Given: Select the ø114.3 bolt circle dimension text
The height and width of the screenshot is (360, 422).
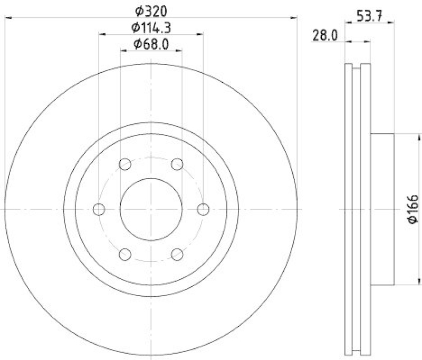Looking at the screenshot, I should click(x=152, y=27).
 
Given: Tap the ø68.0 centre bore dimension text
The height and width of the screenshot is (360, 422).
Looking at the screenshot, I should click(x=152, y=44).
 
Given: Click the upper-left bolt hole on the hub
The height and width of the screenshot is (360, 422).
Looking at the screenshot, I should click(x=125, y=164).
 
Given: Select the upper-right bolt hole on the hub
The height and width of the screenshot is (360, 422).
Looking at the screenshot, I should click(x=177, y=164).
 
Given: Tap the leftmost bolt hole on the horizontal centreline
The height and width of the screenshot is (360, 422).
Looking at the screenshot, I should click(x=99, y=209).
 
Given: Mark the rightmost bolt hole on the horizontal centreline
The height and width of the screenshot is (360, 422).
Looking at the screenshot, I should click(x=203, y=209).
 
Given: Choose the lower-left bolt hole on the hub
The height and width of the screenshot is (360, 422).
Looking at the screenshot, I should click(x=125, y=255).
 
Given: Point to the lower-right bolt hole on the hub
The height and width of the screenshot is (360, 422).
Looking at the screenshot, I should click(x=177, y=255).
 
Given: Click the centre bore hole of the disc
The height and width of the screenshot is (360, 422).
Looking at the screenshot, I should click(x=151, y=209).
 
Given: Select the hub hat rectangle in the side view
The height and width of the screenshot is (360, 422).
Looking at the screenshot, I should click(x=382, y=209).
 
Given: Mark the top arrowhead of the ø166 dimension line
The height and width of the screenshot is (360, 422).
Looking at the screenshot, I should click(x=406, y=137).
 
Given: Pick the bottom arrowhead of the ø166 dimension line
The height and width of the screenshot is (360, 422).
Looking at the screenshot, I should click(x=406, y=283).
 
